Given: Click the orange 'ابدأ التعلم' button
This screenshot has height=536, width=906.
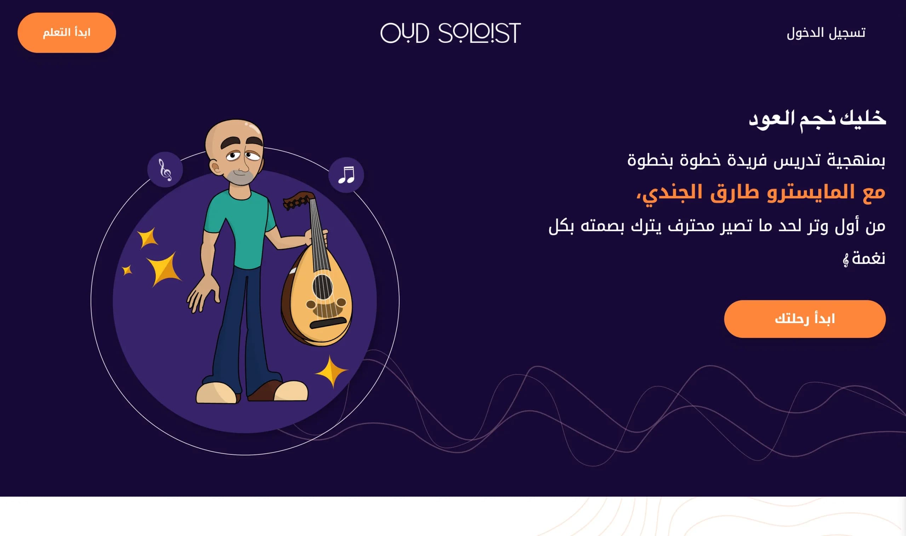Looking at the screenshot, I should (x=67, y=33).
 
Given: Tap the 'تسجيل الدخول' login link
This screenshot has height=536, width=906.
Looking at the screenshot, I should (x=826, y=33).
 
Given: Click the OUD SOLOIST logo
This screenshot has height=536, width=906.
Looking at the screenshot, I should (x=450, y=33).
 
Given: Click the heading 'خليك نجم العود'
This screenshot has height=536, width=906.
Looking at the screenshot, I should (x=817, y=118).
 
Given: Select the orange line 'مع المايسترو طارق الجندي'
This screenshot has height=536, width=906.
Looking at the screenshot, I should (x=761, y=192).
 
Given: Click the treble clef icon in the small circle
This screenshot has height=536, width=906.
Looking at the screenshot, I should (x=165, y=170).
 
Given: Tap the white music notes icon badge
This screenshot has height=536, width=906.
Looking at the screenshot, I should (x=346, y=175).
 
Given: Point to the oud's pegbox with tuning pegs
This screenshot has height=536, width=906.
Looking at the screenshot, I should (x=298, y=200).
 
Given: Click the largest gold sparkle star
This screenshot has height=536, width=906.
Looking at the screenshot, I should (x=165, y=269).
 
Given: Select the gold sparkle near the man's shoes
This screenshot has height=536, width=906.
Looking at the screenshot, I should (x=331, y=371).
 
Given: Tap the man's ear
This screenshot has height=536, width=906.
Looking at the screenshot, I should (x=216, y=168).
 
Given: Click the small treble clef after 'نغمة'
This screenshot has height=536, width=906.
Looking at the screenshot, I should (x=845, y=260).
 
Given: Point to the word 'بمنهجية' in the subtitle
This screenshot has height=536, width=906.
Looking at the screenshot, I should (x=856, y=160).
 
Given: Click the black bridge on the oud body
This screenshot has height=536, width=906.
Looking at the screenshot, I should (x=328, y=322).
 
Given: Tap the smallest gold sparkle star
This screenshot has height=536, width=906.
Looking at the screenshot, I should (x=127, y=270).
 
